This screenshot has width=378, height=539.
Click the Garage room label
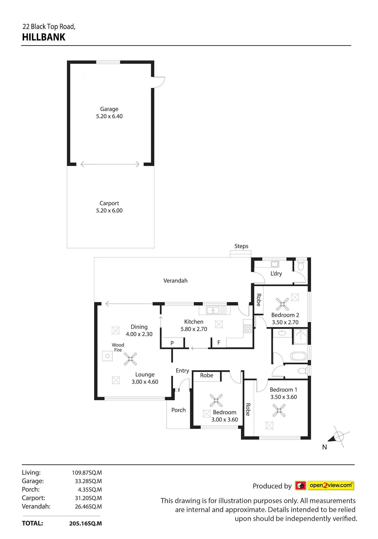(x=109, y=109)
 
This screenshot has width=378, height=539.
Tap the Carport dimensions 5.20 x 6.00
(x=109, y=210)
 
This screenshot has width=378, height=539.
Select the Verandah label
(x=175, y=280)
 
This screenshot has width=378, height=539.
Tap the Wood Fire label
(x=118, y=347)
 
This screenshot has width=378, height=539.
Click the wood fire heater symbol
(x=107, y=356)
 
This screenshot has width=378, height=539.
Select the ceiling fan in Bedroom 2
(x=282, y=304)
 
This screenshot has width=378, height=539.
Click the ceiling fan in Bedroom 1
(x=279, y=411)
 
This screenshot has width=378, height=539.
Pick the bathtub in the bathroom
(x=299, y=356)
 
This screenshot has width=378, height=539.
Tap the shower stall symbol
(x=301, y=337)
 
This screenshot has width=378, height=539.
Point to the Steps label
(x=241, y=246)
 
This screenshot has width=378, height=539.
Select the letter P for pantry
(x=172, y=343)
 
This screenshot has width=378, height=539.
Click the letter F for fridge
(x=219, y=342)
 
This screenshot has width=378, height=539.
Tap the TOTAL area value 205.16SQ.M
(x=85, y=523)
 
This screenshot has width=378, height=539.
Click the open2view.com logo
(x=325, y=485)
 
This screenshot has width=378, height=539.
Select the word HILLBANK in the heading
(x=44, y=37)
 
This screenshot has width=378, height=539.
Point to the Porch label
(x=178, y=410)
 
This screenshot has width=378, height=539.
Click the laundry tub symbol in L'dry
(x=275, y=264)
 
